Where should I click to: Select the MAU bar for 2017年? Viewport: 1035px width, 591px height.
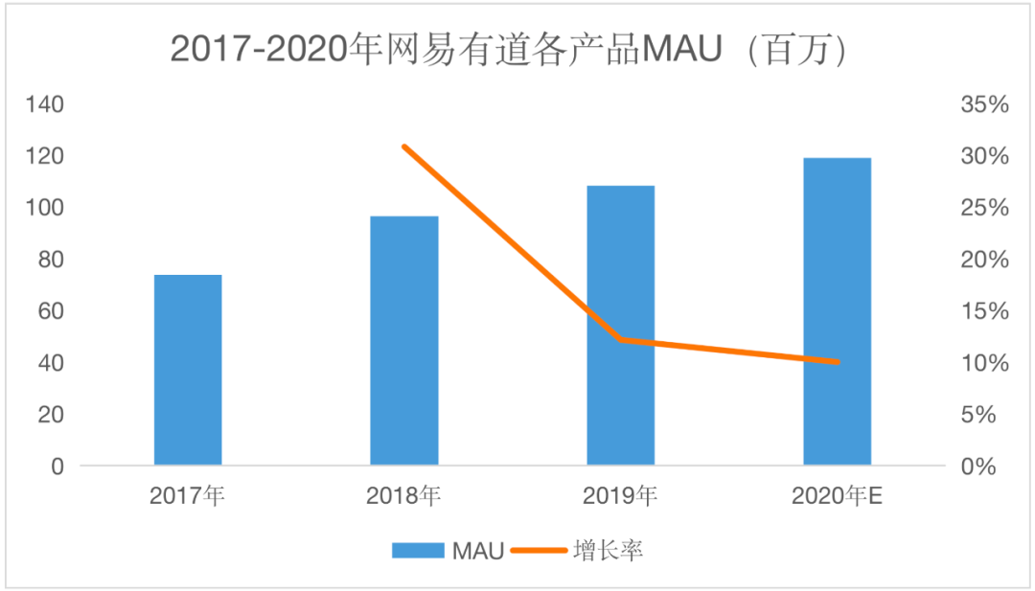pos(188,370)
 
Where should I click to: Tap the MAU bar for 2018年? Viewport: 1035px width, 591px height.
pos(404,341)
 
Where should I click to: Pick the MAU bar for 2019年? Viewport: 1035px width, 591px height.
pos(621,326)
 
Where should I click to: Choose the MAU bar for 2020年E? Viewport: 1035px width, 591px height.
pos(837,311)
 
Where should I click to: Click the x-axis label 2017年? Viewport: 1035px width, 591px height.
pos(188,496)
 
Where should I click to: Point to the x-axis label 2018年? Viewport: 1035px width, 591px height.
pos(404,496)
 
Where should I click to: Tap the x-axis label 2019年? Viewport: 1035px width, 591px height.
pos(621,496)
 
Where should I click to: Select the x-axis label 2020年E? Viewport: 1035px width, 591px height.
pos(837,496)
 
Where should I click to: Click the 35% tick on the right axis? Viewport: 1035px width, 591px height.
pos(985,104)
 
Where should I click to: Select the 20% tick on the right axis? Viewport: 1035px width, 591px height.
pos(985,260)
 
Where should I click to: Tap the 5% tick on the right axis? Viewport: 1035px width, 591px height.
pos(990,415)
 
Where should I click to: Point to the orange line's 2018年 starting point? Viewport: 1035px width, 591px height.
pos(404,147)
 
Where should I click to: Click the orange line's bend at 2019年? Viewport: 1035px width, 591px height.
pos(621,339)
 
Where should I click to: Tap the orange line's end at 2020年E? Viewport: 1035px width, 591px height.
pos(837,362)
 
